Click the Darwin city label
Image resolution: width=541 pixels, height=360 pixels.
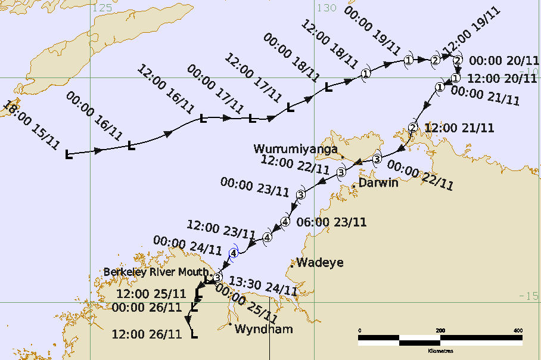click(379, 183)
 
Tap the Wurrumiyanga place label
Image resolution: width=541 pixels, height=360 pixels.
click(296, 148)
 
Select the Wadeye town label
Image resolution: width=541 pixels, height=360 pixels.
click(320, 262)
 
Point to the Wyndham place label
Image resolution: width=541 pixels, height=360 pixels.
click(263, 329)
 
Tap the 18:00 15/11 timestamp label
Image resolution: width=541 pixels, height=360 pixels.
click(31, 126)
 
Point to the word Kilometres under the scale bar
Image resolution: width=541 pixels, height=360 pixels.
click(441, 351)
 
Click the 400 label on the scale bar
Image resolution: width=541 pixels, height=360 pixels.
click(518, 331)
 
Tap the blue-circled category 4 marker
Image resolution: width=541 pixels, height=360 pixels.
click(234, 253)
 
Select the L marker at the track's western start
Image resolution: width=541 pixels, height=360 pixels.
click(69, 155)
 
